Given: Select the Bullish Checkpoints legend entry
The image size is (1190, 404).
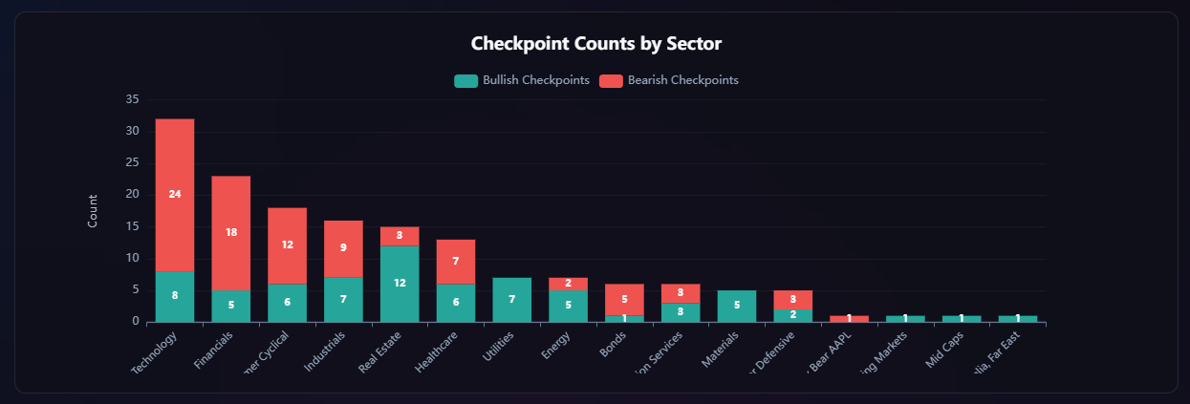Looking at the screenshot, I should pos(521,80).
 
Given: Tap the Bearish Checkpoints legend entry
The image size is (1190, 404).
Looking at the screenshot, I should pos(668,80).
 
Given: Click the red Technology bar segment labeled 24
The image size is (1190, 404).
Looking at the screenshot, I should pos(175,195).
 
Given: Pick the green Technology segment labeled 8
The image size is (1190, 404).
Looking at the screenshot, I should pos(175,296).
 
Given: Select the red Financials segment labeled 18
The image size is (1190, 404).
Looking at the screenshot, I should pos(231,232).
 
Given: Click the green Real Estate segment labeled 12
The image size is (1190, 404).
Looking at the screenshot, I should pos(400,284).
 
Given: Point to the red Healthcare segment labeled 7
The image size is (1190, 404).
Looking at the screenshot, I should pos(456,261).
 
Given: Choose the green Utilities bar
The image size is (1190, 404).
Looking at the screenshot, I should pos(512,300).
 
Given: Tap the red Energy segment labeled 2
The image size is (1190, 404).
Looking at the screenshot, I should pos(569,284).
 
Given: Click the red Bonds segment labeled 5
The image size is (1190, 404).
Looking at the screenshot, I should pos(624,299).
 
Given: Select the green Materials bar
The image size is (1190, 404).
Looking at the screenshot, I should pos(737,306).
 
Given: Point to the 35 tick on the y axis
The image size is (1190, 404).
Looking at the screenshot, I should pos(132,99).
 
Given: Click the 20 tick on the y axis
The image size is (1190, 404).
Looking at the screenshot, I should pos(132,195).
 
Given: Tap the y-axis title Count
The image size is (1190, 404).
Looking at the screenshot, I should pos(93,210).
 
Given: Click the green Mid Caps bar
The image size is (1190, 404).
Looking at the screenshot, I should pos(962,318).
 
